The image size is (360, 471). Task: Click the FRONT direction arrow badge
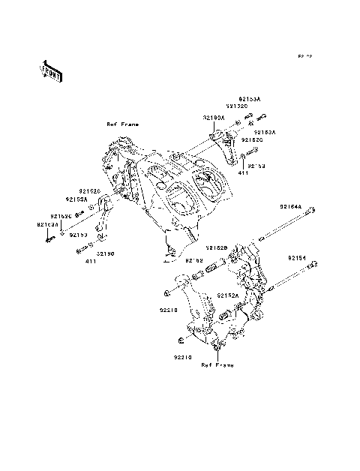coord(52,70)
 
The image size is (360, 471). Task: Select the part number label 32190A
coord(212,118)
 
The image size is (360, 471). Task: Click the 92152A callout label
coord(229,295)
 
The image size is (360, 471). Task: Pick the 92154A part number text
coord(291,206)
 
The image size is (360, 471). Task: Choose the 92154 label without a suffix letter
coord(297,257)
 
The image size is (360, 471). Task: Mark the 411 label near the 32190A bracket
coord(244,173)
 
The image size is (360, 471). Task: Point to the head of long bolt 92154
coord(314,263)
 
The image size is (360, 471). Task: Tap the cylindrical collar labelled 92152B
coord(212,268)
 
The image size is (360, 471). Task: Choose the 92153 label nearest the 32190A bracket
coord(257,165)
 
